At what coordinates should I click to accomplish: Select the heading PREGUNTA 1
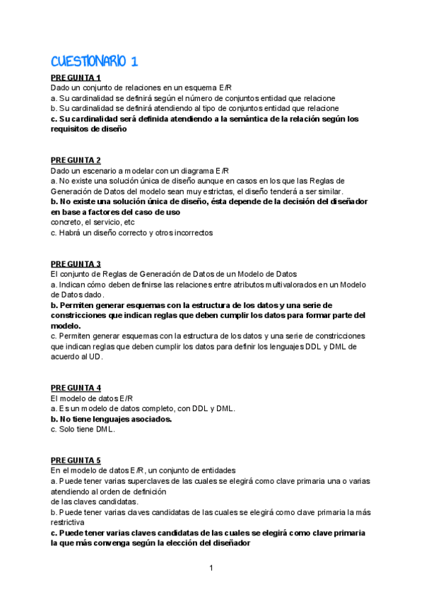coord(76,78)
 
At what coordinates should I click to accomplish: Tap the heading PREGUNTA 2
coord(76,160)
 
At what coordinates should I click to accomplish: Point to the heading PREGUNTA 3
coord(76,263)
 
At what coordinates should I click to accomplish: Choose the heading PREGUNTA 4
coord(76,388)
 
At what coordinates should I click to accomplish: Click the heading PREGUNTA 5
coord(76,461)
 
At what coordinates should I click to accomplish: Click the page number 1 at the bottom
coord(211,568)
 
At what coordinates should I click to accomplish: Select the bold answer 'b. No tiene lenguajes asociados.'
coord(112,419)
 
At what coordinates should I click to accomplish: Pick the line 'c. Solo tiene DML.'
coord(82,429)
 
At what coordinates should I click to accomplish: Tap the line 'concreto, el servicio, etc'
coord(93,222)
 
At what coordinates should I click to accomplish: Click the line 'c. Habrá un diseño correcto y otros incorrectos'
coord(131,232)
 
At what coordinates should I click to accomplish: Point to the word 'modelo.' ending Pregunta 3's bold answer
coord(66,326)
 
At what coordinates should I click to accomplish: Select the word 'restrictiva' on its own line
coord(68,522)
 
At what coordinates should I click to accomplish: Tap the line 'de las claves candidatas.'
coord(94,502)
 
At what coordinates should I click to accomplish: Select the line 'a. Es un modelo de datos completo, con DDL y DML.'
coord(143,408)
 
